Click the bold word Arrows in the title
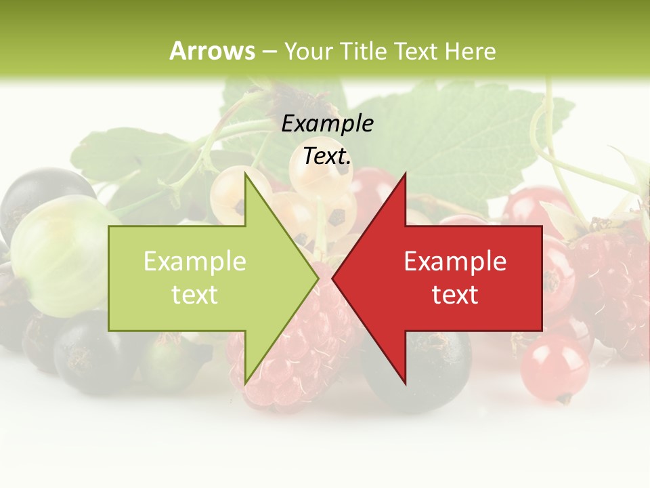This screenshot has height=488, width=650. coord(212,51)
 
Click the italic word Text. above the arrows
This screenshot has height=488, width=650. coord(327,157)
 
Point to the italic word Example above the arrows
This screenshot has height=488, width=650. coord(327,124)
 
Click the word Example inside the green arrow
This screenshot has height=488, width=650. coord(194,262)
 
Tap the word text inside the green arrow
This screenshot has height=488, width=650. coord(194,295)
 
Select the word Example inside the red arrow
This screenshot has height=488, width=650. coord(455,262)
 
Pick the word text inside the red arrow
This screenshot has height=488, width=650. coord(455,295)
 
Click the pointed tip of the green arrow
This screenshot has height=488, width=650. coord(317,278)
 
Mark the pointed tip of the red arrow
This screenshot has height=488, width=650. coord(334,278)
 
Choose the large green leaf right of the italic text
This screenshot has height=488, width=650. coord(467,136)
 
